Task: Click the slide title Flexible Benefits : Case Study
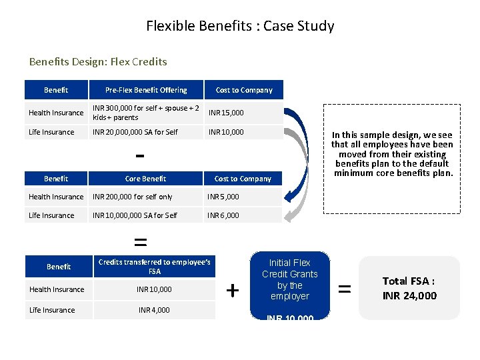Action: [x=240, y=27]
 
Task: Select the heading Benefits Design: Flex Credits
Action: [x=98, y=62]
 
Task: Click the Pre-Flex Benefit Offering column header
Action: [x=146, y=90]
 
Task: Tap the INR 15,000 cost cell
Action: [x=226, y=113]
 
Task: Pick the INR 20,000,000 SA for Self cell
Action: [x=135, y=132]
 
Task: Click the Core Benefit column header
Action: [x=145, y=179]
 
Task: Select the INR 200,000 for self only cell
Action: [x=132, y=197]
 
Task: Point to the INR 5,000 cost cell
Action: [x=223, y=197]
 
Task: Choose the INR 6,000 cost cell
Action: [x=223, y=215]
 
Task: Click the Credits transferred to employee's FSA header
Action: [x=154, y=267]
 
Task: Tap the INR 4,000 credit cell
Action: [x=154, y=310]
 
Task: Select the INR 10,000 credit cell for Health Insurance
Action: [x=154, y=289]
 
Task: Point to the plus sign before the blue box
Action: [x=233, y=291]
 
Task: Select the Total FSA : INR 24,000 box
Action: [x=409, y=288]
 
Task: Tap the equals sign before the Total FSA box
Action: [x=345, y=289]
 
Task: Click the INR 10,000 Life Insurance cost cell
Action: [x=226, y=132]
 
